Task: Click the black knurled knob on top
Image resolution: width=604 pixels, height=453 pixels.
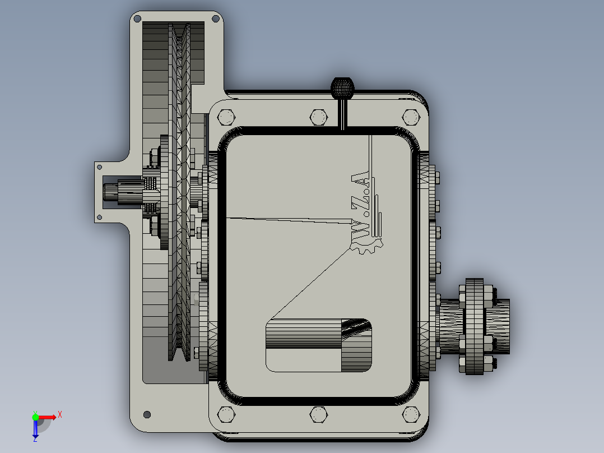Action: tap(342, 87)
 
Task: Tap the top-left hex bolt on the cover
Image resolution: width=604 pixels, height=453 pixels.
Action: tap(226, 117)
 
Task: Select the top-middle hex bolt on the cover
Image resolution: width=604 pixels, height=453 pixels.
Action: tap(318, 117)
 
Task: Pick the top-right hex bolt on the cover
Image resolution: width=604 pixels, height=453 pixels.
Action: tap(411, 117)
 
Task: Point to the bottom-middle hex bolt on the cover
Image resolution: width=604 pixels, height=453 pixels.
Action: tap(318, 415)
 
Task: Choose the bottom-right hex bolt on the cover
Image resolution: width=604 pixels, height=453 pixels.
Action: tap(411, 415)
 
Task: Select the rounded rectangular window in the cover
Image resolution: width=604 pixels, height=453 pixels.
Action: tap(318, 344)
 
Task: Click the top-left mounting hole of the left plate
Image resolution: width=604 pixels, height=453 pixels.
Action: tap(137, 19)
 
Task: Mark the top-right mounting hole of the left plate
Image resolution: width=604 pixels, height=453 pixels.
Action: tap(215, 19)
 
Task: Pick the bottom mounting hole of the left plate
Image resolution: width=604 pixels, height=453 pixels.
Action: tap(147, 414)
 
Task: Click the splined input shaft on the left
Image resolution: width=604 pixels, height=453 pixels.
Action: tap(118, 192)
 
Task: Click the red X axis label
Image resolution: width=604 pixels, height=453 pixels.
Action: tap(60, 415)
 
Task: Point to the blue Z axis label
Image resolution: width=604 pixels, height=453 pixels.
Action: tap(35, 439)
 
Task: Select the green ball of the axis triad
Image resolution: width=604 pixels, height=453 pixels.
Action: tap(35, 417)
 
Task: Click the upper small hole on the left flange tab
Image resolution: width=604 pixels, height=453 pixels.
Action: tap(99, 167)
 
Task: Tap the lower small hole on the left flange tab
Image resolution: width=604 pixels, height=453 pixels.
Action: tap(99, 217)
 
